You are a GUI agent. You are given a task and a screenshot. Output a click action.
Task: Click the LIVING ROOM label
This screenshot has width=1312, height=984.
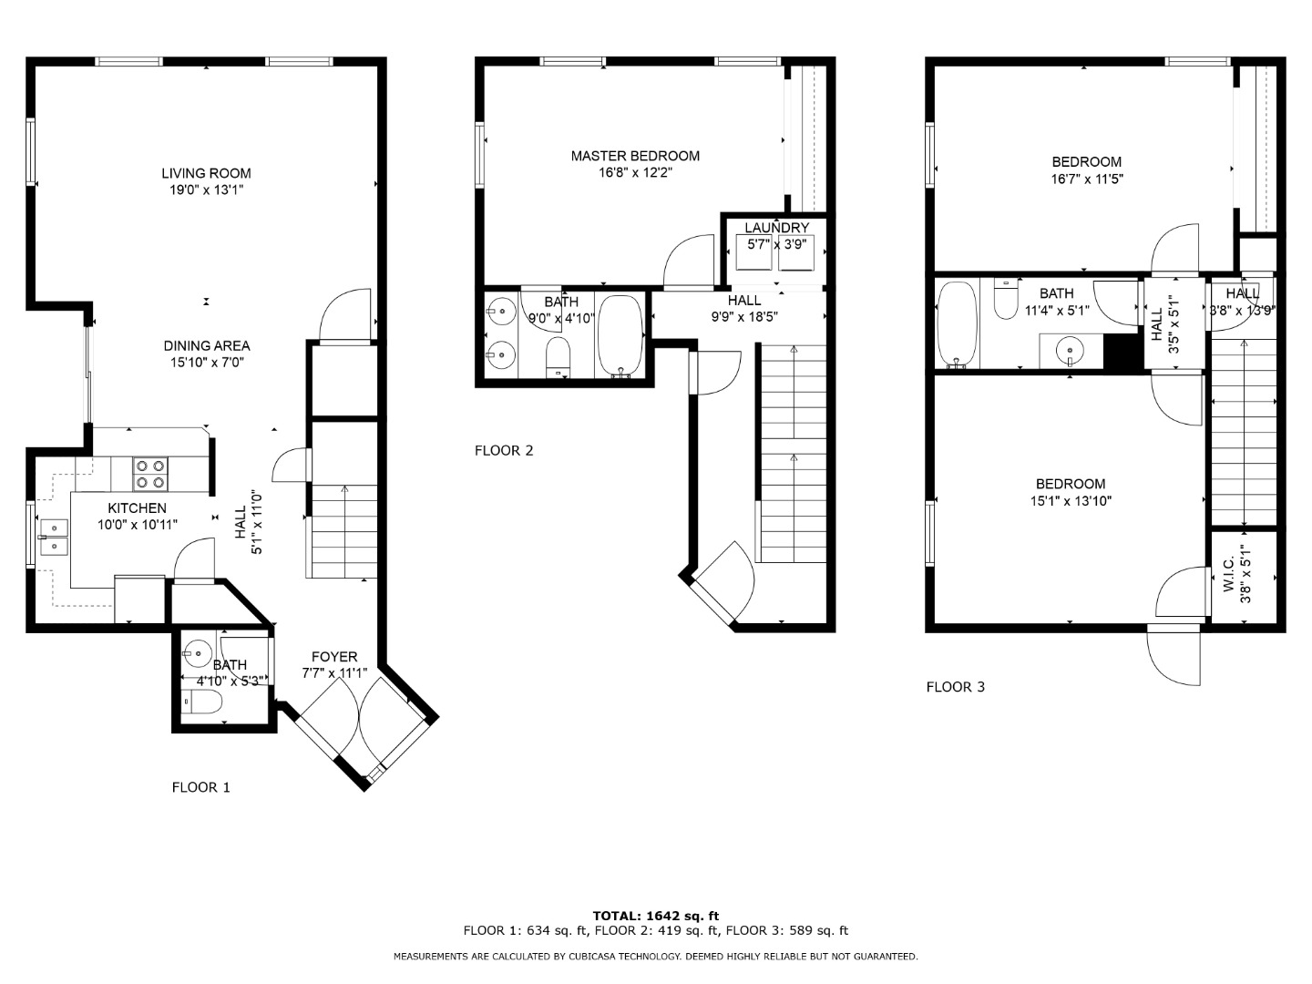coord(206,173)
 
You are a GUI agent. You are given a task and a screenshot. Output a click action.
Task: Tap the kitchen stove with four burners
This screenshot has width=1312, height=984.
coord(150,474)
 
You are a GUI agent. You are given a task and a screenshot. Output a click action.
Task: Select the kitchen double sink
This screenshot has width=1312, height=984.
coord(54,538)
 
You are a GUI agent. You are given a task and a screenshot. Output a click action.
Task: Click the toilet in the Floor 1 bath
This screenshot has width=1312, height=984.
coord(202,702)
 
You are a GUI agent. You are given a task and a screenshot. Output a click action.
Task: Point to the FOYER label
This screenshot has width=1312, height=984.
coord(334,657)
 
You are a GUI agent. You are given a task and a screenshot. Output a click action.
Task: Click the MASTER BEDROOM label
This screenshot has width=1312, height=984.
coord(635,156)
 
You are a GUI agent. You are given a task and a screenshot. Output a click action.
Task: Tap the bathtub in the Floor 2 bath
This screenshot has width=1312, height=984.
coord(620,336)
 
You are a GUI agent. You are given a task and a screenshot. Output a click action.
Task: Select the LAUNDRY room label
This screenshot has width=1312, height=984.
coord(776,228)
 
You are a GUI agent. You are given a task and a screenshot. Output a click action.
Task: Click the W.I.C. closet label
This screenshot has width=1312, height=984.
coord(1229,575)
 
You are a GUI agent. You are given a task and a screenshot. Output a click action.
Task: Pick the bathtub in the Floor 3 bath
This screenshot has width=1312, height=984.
coord(957,324)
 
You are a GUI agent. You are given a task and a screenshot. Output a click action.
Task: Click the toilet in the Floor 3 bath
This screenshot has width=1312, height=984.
coord(1006,298)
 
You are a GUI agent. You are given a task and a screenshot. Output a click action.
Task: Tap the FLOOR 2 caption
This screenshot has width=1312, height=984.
coord(503,450)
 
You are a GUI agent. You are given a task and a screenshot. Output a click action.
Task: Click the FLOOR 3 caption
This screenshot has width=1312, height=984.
coord(955,687)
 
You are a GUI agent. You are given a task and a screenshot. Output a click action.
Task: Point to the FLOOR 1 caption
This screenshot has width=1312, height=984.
coord(200,787)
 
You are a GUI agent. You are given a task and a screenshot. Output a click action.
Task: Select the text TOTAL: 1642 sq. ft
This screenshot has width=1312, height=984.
coord(656,916)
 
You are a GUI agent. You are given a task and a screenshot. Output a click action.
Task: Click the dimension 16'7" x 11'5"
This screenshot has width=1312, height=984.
coord(1087,179)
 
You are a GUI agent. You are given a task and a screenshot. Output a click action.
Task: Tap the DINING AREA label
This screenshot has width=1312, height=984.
coord(207,345)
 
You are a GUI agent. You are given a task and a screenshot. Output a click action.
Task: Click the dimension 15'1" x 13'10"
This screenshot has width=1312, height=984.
coord(1071,501)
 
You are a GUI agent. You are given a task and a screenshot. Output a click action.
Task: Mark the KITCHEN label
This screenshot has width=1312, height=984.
coord(137,507)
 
